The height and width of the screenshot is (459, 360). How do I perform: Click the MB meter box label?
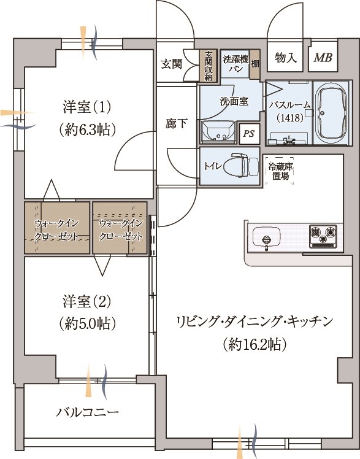pos(323,58)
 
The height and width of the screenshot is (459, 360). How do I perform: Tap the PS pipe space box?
pos(249,134)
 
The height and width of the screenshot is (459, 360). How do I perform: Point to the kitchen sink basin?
pos(266,236)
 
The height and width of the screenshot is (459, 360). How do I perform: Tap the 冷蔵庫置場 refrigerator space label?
pos(280,171)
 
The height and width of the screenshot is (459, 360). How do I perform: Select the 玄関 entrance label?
pos(171,64)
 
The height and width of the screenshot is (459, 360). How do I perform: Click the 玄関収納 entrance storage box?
pos(209,66)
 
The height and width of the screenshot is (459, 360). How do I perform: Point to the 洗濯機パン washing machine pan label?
pos(236,64)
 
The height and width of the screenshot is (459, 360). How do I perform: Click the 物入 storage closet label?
pos(286,58)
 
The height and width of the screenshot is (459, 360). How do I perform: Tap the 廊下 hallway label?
pos(176,123)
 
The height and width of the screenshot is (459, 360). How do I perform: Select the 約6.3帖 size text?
pos(87,129)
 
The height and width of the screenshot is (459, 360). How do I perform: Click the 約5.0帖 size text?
pos(87,323)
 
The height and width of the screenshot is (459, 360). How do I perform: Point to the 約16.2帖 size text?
pos(254,344)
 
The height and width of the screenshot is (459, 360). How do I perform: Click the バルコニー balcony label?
pos(88,412)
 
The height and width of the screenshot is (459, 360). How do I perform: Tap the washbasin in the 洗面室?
pos(218,132)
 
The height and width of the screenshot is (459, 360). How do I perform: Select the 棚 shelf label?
pos(255,64)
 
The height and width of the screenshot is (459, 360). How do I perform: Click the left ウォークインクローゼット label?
pos(57,230)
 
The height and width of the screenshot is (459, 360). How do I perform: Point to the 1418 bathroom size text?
pos(290,118)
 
